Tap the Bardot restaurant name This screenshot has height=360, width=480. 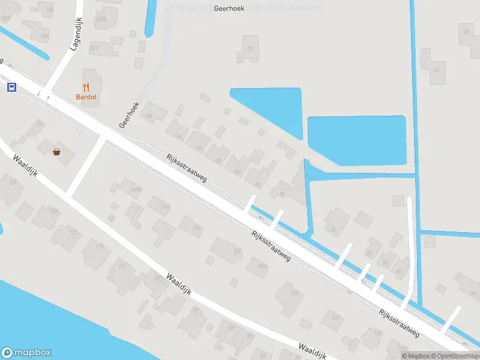click(86, 97)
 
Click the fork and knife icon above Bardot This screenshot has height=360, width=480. click(86, 87)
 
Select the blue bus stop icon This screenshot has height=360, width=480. click(11, 87)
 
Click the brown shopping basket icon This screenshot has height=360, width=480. click(57, 152)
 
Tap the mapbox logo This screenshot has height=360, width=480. click(26, 353)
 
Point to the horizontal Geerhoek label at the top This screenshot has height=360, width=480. click(229, 9)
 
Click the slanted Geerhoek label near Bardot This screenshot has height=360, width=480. click(129, 114)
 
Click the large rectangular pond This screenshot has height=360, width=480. click(356, 140)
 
